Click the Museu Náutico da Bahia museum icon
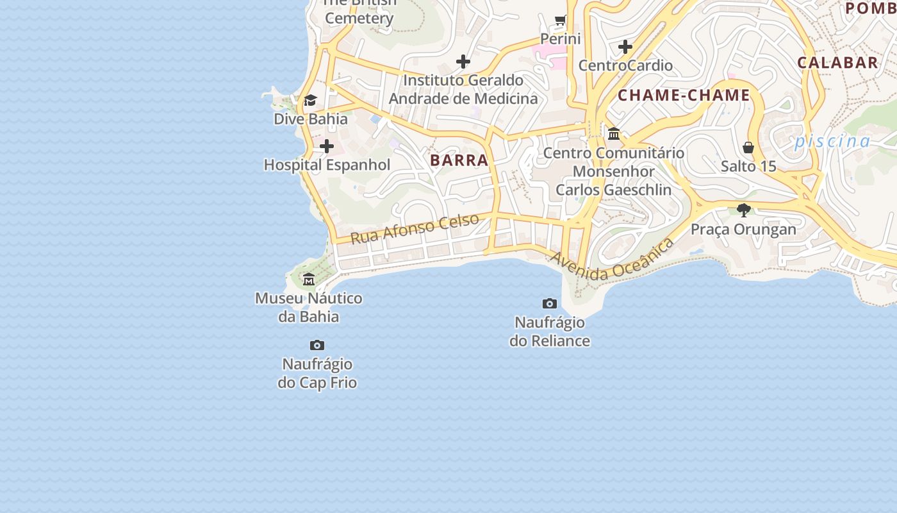(x=309, y=279)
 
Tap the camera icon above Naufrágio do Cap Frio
(x=317, y=345)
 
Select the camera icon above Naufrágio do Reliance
(x=550, y=303)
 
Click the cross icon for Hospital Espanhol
(x=327, y=146)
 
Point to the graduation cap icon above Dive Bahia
(x=310, y=100)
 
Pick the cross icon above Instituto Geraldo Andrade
(x=463, y=62)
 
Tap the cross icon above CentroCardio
(x=625, y=47)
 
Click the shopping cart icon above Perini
(x=561, y=21)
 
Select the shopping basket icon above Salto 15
(x=748, y=147)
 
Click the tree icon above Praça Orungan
(x=744, y=210)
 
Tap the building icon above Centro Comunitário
(x=614, y=133)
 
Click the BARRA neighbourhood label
(x=459, y=160)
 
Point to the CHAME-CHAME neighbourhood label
(x=684, y=96)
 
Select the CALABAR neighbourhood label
(x=837, y=62)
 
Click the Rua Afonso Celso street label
(x=415, y=228)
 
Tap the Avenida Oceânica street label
(x=612, y=260)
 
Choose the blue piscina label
(x=833, y=142)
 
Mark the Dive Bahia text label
(x=311, y=119)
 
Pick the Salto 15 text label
(x=748, y=166)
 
